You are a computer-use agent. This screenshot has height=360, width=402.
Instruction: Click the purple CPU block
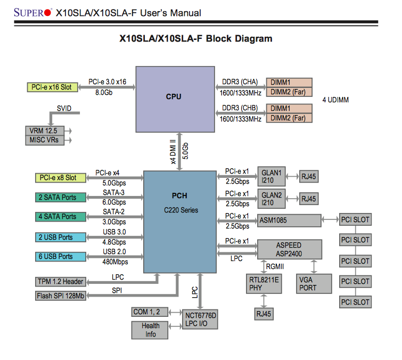174,97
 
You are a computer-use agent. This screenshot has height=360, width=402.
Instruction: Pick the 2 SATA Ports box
58,198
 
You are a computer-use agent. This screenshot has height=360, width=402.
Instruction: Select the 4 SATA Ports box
58,217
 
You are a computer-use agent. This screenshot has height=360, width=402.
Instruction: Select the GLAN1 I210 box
272,176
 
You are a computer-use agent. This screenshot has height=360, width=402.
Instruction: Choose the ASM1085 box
289,220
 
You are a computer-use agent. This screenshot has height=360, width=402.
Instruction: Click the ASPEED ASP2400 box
289,249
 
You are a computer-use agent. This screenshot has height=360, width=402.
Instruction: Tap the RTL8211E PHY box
264,283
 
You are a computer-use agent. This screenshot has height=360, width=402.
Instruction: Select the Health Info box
151,330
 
